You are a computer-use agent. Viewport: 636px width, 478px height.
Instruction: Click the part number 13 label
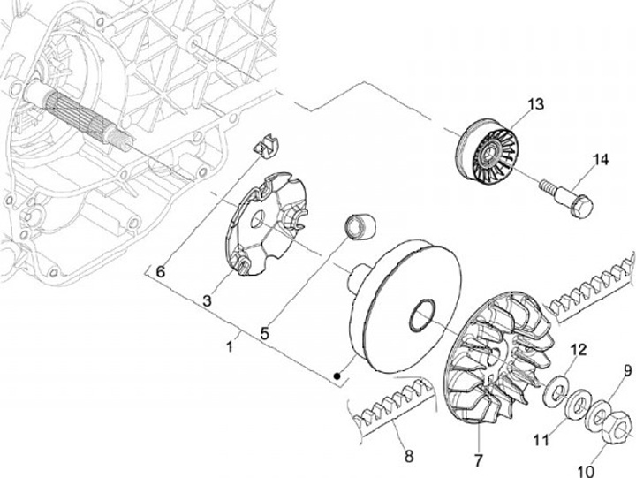(536, 104)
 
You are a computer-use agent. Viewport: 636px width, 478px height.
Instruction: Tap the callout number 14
(601, 159)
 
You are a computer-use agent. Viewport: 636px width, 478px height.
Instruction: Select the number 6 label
(161, 271)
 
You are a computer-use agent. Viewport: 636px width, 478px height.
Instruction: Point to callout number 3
(207, 300)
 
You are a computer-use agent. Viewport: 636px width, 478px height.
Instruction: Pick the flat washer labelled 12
(556, 387)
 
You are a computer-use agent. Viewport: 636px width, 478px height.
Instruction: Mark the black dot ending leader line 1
(337, 378)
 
